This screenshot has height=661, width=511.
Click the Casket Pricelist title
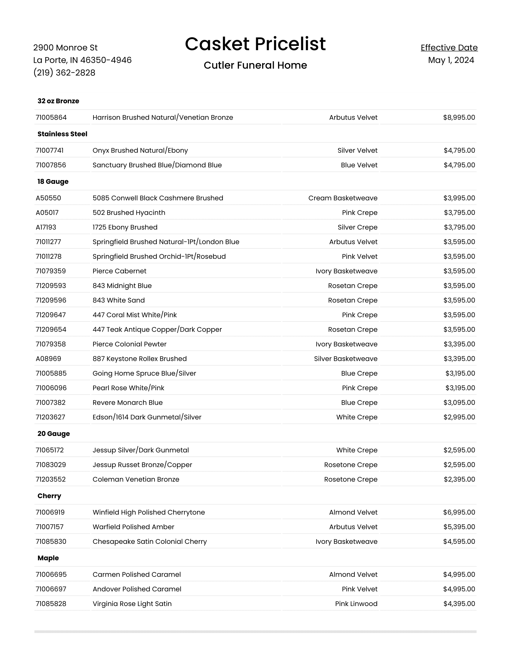(255, 44)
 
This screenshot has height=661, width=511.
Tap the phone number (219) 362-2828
(64, 73)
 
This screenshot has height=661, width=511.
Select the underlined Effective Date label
(449, 47)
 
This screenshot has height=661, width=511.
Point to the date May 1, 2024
(451, 60)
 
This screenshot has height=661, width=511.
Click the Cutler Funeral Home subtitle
(255, 65)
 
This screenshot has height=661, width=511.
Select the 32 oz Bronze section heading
(58, 101)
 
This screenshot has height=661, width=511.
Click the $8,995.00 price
(459, 117)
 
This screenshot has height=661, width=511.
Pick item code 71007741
(50, 151)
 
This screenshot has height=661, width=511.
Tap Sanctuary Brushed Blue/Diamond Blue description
(157, 165)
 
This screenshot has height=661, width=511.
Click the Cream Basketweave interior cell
(343, 198)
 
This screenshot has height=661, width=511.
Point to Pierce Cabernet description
(119, 271)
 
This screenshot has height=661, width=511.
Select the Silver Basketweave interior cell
(345, 359)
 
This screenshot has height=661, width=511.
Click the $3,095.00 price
(459, 403)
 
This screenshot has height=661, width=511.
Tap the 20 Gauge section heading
(54, 434)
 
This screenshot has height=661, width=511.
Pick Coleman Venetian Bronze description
(136, 480)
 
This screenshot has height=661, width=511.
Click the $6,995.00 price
(459, 512)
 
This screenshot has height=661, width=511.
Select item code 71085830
(51, 541)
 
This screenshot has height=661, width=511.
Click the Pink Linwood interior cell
(356, 604)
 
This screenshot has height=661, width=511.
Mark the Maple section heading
(48, 558)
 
